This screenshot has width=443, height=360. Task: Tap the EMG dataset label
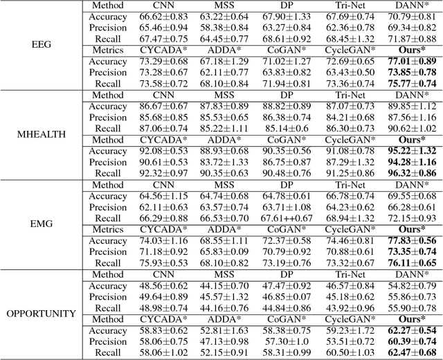(41, 224)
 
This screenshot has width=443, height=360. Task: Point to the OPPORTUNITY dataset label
(41, 313)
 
